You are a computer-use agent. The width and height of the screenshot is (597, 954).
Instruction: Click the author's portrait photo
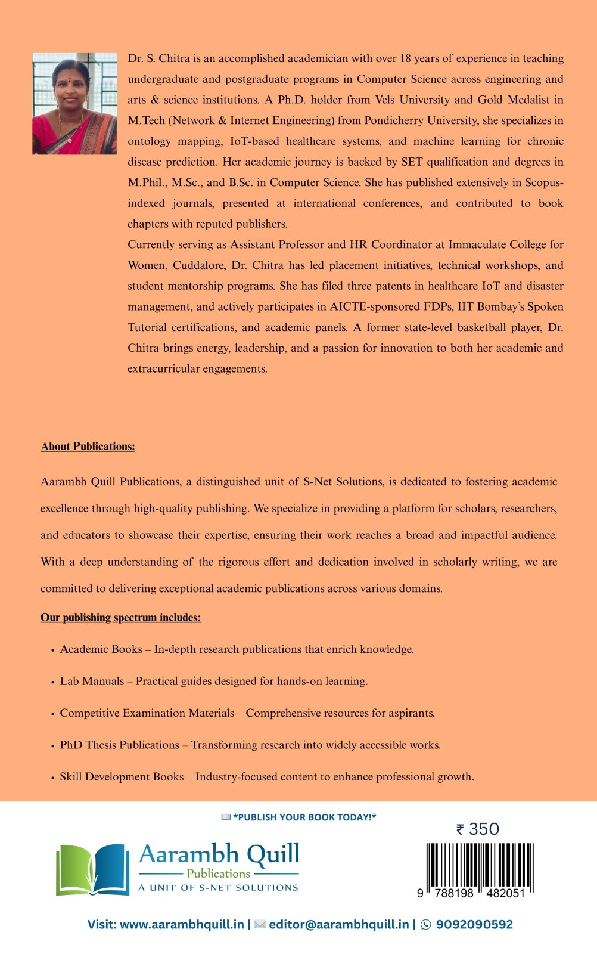pyautogui.click(x=74, y=104)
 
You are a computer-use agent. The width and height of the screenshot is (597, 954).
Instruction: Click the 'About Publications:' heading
pyautogui.click(x=88, y=447)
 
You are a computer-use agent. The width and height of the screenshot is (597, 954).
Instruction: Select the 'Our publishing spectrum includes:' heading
pyautogui.click(x=120, y=618)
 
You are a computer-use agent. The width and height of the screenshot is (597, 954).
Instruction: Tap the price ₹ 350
pyautogui.click(x=478, y=829)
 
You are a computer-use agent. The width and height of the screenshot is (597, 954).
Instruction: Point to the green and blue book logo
pyautogui.click(x=92, y=869)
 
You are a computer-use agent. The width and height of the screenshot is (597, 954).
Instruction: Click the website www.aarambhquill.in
pyautogui.click(x=182, y=925)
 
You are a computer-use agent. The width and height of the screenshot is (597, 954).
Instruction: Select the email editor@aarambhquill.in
pyautogui.click(x=338, y=925)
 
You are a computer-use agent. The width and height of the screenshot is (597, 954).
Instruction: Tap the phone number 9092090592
pyautogui.click(x=474, y=925)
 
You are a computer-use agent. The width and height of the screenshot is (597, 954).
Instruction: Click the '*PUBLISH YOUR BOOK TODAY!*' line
pyautogui.click(x=304, y=817)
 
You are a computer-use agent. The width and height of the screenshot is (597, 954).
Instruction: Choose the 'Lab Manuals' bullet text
pyautogui.click(x=92, y=682)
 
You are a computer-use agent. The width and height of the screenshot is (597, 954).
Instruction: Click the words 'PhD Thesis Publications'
pyautogui.click(x=119, y=745)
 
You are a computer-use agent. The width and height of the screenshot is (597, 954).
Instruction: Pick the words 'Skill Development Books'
pyautogui.click(x=122, y=777)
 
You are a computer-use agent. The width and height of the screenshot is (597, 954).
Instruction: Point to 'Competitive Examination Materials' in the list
pyautogui.click(x=147, y=713)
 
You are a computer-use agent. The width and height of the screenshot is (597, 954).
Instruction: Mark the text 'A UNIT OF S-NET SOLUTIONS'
pyautogui.click(x=218, y=888)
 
